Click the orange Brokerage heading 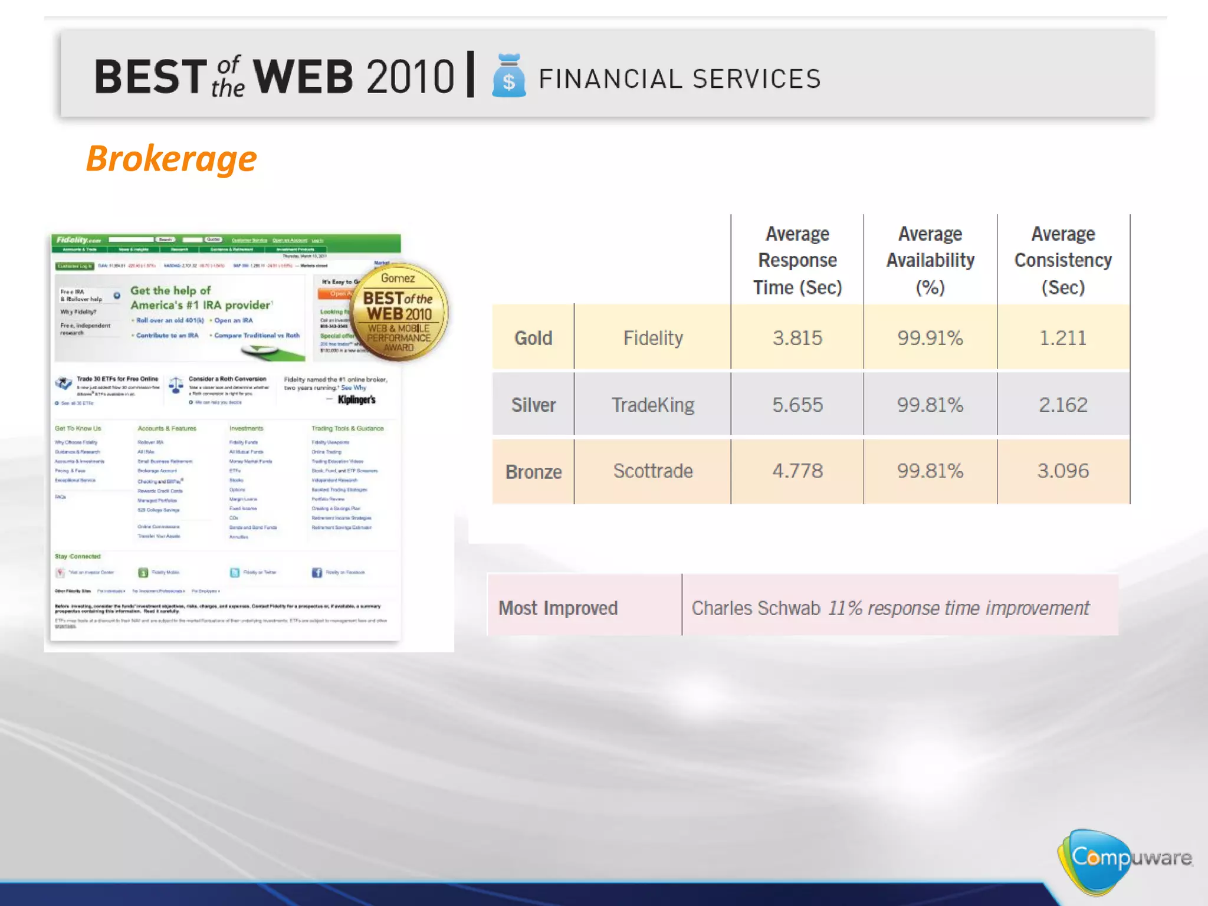(x=171, y=159)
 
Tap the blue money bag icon (x=508, y=76)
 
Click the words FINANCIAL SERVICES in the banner (x=679, y=79)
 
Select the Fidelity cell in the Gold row (x=653, y=338)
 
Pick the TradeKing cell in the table (x=652, y=405)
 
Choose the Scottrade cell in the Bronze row (x=652, y=471)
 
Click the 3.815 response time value (x=797, y=338)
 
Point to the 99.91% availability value (x=930, y=338)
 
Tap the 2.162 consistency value (x=1062, y=405)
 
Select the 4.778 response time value (x=797, y=471)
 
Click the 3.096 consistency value (x=1062, y=471)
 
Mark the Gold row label (x=533, y=338)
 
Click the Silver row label (x=533, y=405)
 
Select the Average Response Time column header (x=797, y=261)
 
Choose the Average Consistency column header (x=1063, y=261)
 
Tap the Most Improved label (x=558, y=608)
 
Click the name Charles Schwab (x=756, y=608)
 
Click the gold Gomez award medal (x=399, y=311)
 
